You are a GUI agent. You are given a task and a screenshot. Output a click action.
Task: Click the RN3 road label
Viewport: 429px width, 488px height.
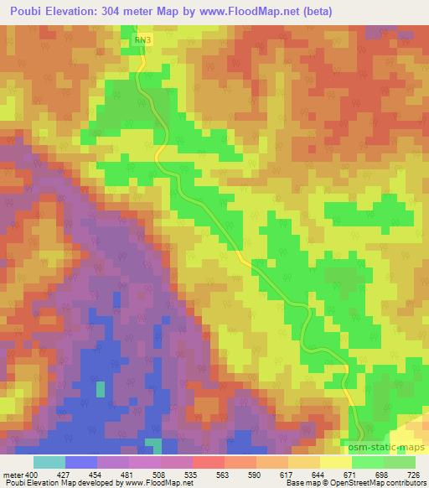pyautogui.click(x=143, y=39)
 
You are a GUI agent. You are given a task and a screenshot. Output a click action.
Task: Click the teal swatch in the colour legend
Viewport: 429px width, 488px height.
pyautogui.click(x=49, y=462)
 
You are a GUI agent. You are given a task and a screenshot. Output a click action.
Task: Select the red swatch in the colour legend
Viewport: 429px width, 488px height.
pyautogui.click(x=209, y=462)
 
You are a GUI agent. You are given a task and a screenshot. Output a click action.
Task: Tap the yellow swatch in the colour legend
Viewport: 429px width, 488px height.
pyautogui.click(x=336, y=462)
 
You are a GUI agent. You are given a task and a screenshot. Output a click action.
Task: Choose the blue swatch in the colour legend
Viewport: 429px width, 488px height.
pyautogui.click(x=81, y=462)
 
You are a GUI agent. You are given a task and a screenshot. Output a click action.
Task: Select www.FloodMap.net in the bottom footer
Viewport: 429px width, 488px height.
pyautogui.click(x=155, y=484)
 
